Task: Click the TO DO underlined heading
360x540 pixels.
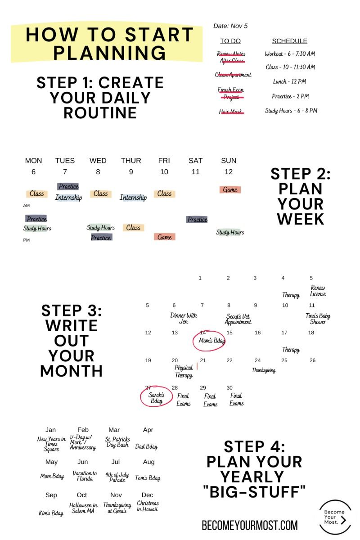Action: pos(230,41)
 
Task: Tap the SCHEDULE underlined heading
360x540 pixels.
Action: pos(290,41)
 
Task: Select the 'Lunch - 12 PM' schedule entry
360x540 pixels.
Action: pos(289,81)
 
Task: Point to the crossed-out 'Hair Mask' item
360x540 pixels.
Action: pos(231,112)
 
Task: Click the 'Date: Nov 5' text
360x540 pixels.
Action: pos(230,26)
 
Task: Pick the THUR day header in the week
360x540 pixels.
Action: pos(131,161)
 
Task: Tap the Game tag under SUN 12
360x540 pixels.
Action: pos(230,190)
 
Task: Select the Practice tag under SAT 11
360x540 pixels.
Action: pos(197,220)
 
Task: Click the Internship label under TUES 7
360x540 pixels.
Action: pos(69,198)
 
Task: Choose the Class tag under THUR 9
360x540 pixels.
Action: pos(133,228)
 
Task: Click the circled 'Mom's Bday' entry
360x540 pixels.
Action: pos(209,340)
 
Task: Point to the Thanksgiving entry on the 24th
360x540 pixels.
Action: pos(264,370)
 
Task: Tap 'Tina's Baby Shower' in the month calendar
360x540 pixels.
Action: pos(318,319)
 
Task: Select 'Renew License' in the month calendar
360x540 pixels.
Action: pos(318,291)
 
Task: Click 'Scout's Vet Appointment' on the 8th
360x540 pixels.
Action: pos(238,319)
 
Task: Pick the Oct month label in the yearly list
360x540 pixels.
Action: pos(82,495)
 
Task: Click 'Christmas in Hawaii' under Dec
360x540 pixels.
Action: pos(148,506)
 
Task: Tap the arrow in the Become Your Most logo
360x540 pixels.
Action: pos(343,520)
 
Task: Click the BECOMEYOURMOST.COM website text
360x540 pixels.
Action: pos(250,525)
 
